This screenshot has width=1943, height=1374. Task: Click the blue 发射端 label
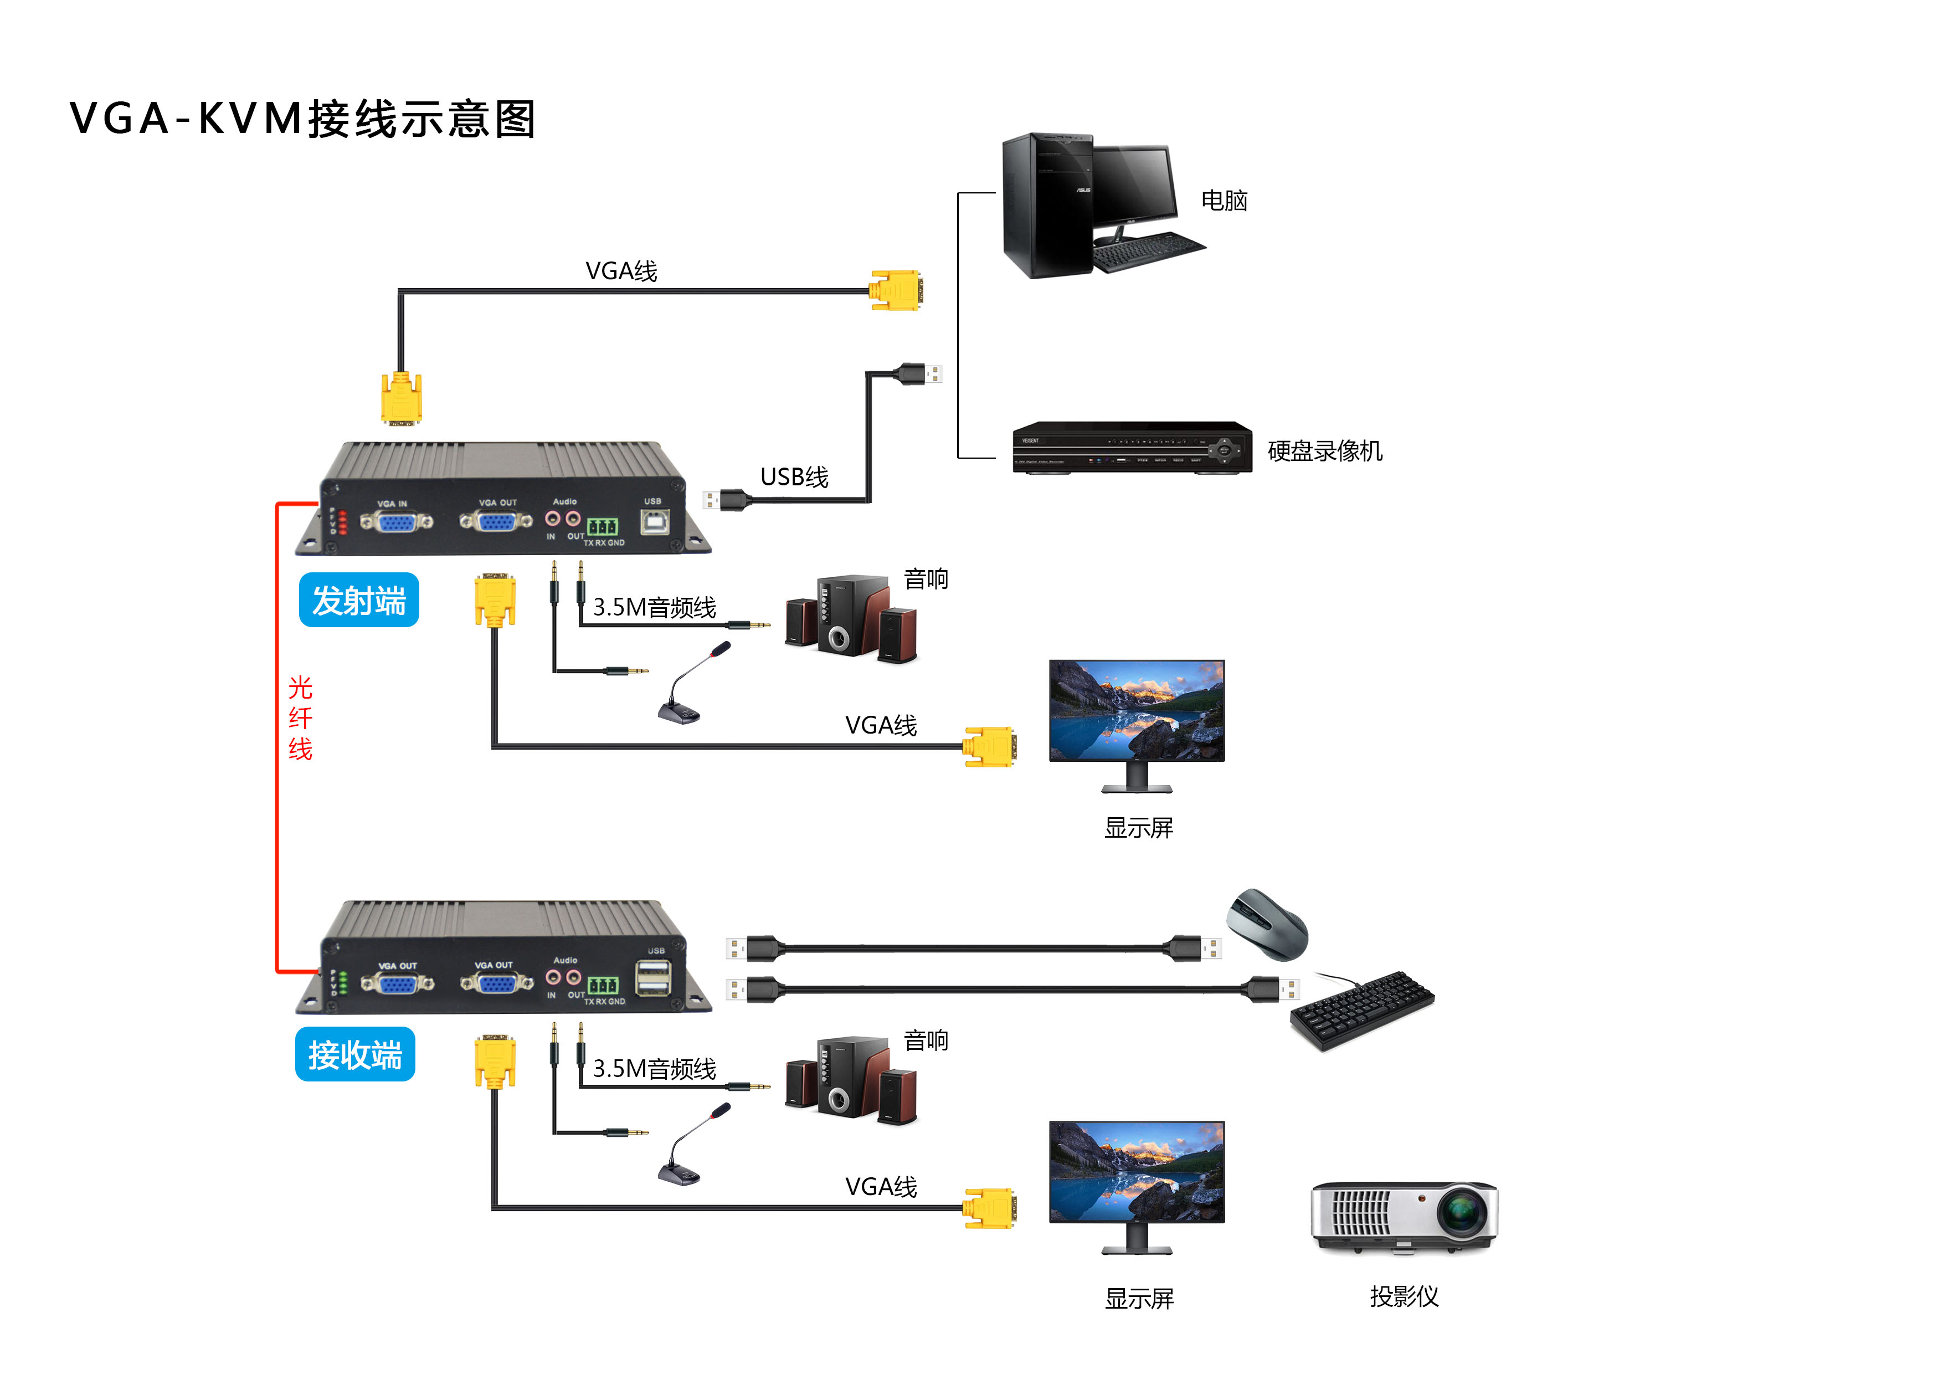pos(359,600)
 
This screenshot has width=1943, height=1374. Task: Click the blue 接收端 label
pos(354,1054)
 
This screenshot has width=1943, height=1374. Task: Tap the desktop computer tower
pos(1046,206)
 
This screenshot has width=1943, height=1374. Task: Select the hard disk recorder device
pos(1132,447)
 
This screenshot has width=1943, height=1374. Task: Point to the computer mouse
pos(1268,925)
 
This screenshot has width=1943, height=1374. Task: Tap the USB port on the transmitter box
pos(654,521)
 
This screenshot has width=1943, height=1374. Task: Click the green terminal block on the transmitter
pos(603,526)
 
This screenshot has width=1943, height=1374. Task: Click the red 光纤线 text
pos(300,718)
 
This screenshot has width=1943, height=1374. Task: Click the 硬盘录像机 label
pos(1324,451)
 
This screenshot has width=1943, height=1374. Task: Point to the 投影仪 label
pos(1404,1295)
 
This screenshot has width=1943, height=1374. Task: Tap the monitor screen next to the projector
pos(1137,1172)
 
